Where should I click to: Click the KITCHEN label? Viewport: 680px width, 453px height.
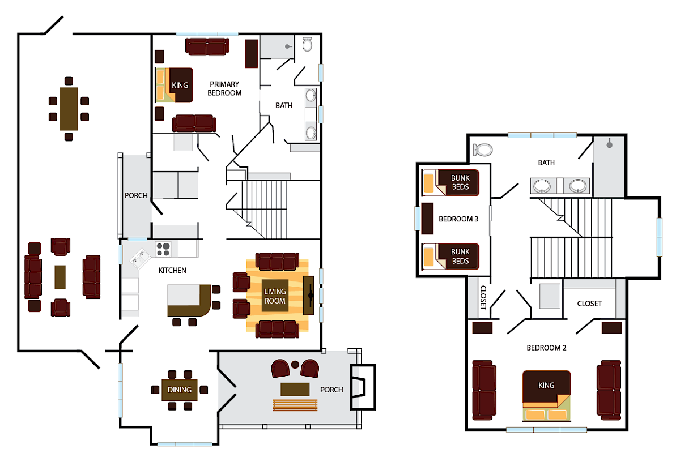point(172,271)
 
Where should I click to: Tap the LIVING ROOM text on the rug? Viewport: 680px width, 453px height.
point(275,296)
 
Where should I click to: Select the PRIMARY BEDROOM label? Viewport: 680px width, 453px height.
point(224,88)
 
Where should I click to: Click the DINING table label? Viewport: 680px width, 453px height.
point(180,390)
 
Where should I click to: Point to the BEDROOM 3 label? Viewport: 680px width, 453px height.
point(457,219)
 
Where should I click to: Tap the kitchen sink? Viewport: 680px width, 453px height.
point(138,259)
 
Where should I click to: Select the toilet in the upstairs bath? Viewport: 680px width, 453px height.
point(483,149)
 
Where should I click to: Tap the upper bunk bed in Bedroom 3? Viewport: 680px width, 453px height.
point(451,182)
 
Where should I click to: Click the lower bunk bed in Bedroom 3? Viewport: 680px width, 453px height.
point(451,257)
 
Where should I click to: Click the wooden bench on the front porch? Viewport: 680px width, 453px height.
point(295,404)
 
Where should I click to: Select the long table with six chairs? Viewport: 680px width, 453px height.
point(69,108)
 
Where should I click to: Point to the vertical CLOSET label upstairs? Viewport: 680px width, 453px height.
point(483,297)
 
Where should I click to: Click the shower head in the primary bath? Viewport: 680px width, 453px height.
point(288,46)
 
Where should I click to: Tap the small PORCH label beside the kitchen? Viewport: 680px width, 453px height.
point(136,196)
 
